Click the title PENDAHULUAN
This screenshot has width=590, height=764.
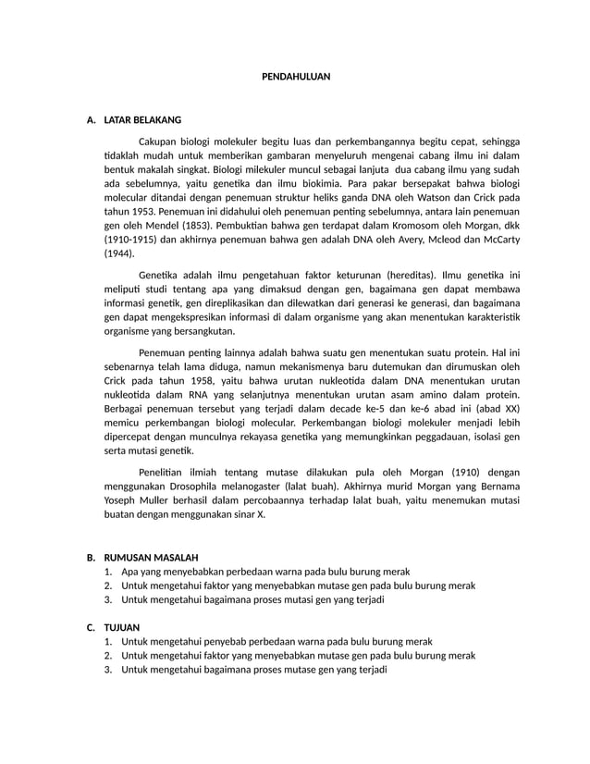pyautogui.click(x=295, y=78)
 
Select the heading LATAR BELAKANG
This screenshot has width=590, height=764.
pyautogui.click(x=142, y=120)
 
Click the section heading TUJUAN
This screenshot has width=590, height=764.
pyautogui.click(x=122, y=627)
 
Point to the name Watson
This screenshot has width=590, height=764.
pyautogui.click(x=425, y=197)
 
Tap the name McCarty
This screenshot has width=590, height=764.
pyautogui.click(x=497, y=239)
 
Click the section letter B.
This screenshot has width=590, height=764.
pyautogui.click(x=91, y=558)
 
